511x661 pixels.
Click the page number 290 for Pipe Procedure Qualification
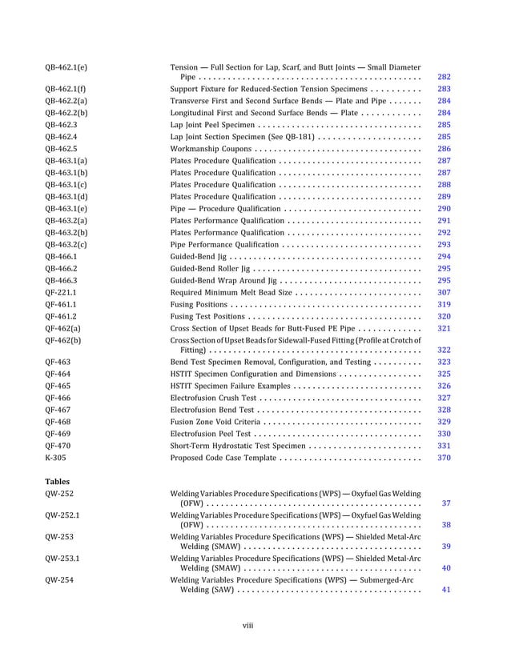click(x=444, y=208)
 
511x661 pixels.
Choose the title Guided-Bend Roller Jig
click(x=213, y=268)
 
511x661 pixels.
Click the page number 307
click(x=444, y=292)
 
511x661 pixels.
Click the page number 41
click(x=446, y=591)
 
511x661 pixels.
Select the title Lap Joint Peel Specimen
click(x=212, y=125)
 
